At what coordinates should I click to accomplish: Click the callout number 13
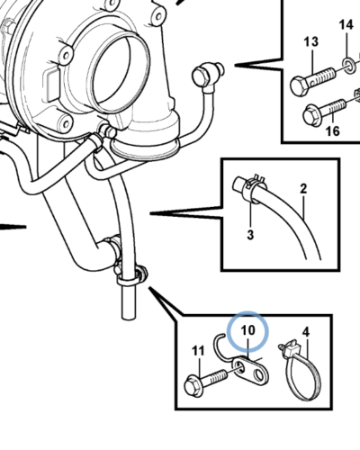pyautogui.click(x=311, y=41)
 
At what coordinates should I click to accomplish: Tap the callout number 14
pyautogui.click(x=346, y=24)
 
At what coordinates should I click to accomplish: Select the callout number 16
pyautogui.click(x=332, y=130)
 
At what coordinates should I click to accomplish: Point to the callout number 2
pyautogui.click(x=303, y=189)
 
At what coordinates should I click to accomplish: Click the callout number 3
pyautogui.click(x=250, y=234)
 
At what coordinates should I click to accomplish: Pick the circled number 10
pyautogui.click(x=247, y=330)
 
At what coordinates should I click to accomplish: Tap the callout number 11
pyautogui.click(x=198, y=350)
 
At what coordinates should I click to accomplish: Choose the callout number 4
pyautogui.click(x=305, y=332)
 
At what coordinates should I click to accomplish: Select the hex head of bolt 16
pyautogui.click(x=310, y=115)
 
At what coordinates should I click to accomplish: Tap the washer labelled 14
pyautogui.click(x=349, y=65)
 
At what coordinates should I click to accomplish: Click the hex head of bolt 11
pyautogui.click(x=192, y=387)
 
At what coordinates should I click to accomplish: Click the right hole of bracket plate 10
pyautogui.click(x=258, y=374)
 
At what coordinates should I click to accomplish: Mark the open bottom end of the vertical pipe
pyautogui.click(x=129, y=316)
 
